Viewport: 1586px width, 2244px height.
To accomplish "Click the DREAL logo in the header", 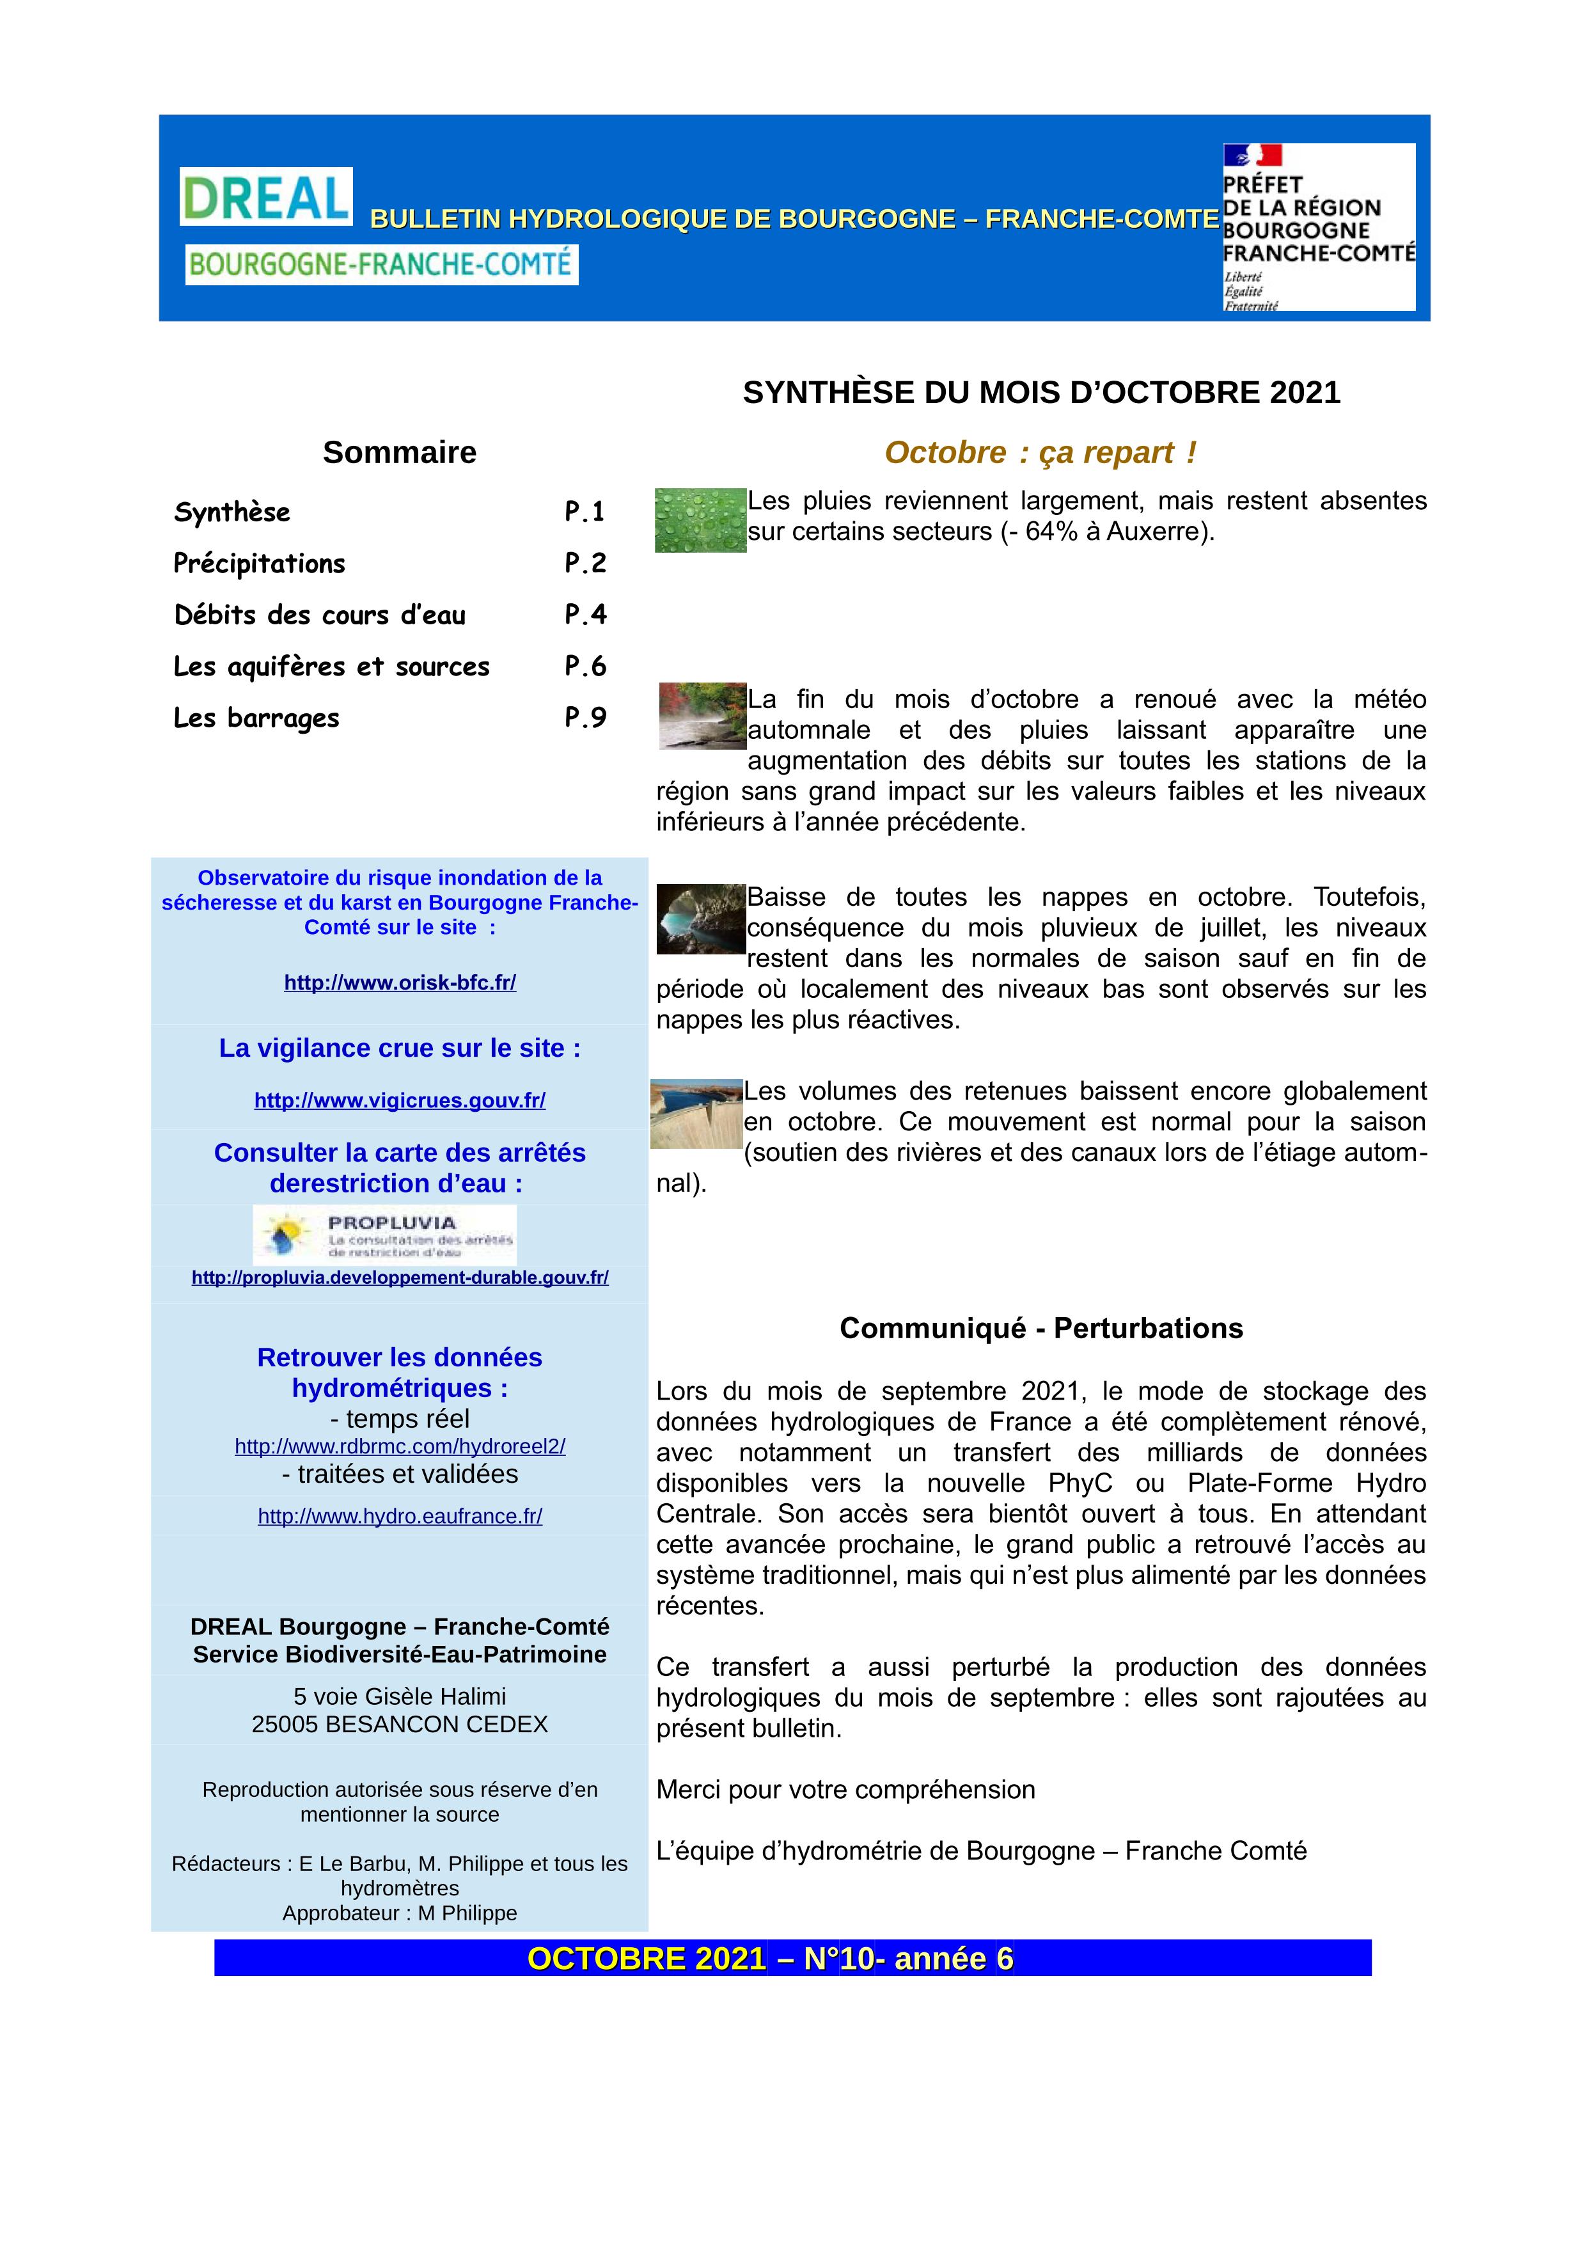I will pyautogui.click(x=266, y=196).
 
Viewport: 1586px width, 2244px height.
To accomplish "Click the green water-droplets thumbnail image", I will pyautogui.click(x=700, y=520).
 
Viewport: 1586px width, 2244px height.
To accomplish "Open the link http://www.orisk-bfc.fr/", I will pyautogui.click(x=400, y=983).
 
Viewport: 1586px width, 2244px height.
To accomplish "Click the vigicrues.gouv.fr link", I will pyautogui.click(x=400, y=1100).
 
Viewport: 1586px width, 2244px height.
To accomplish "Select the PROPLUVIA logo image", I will pyautogui.click(x=384, y=1235).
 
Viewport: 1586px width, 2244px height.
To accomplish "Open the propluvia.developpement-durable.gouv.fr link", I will pyautogui.click(x=400, y=1277).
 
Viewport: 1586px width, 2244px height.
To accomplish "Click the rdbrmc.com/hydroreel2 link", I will pyautogui.click(x=400, y=1446).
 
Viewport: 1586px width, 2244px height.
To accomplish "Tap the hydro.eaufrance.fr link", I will pyautogui.click(x=400, y=1516).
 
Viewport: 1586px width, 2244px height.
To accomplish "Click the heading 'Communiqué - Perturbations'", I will pyautogui.click(x=1040, y=1328).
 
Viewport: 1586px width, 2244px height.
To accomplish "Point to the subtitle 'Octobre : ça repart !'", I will pyautogui.click(x=1040, y=452).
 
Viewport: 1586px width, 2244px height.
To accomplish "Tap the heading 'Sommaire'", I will pyautogui.click(x=400, y=452).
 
